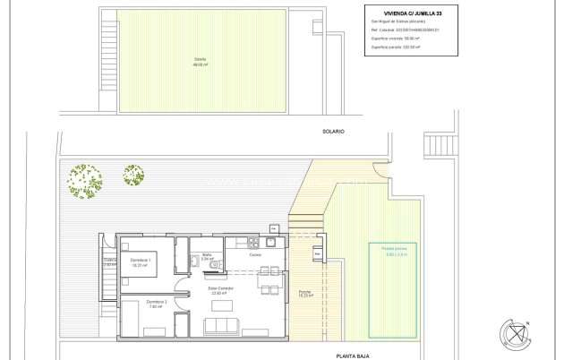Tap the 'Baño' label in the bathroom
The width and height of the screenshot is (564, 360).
click(x=207, y=256)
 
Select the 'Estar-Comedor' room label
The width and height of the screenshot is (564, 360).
click(x=220, y=288)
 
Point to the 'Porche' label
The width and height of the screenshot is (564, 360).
click(x=304, y=292)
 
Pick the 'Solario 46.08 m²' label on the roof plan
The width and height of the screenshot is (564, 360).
click(x=200, y=63)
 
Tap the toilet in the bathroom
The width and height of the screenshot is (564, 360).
click(x=194, y=263)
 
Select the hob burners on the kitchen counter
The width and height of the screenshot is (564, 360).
click(x=252, y=244)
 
